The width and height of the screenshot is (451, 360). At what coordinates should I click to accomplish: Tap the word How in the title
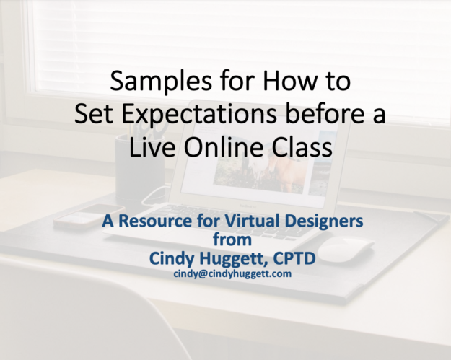click(287, 81)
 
